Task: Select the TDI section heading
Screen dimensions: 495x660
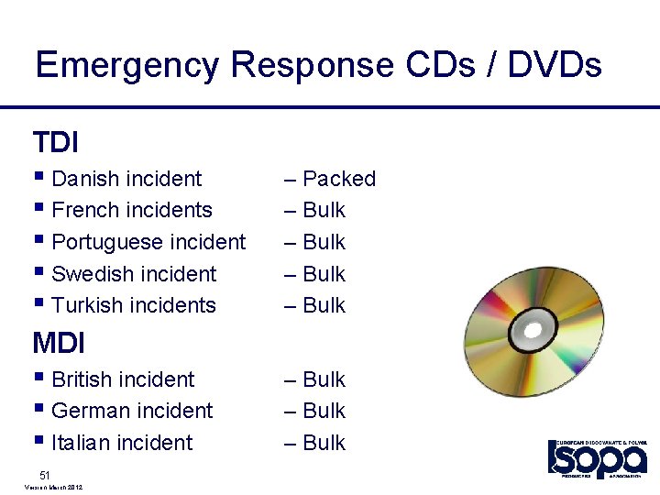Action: (x=55, y=143)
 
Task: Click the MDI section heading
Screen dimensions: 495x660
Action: (x=59, y=344)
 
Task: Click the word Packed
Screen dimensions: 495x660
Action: (x=339, y=179)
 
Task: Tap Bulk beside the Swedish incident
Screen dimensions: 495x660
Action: (x=324, y=274)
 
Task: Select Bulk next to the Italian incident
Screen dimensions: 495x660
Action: (x=324, y=443)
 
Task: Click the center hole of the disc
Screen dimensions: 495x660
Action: (x=532, y=326)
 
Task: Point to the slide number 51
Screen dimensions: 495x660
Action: (x=44, y=474)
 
